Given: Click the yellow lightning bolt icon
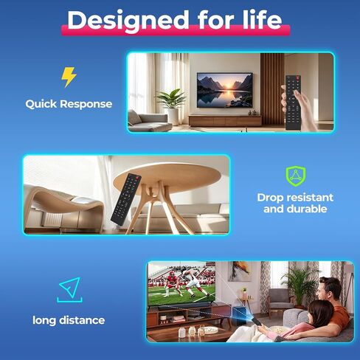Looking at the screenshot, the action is pos(69,77).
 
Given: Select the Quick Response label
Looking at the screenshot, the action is pos(69,104).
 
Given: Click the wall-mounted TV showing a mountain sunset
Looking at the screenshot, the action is pos(225,90).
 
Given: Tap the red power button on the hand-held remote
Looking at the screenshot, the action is pos(298,79).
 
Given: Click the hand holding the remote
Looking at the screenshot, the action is pos(303,109).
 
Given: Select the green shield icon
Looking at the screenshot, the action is pos(296,176).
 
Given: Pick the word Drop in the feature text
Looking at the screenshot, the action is pos(269,198).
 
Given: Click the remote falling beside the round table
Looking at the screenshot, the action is pos(126,199).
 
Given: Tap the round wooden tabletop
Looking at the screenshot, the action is pos(167,175).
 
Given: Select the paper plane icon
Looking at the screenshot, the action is pos(70,287).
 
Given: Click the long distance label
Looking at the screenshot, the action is pos(69,320).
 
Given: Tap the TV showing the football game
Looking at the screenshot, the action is pos(181,284).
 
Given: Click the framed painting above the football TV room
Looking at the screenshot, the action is pos(240,271).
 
